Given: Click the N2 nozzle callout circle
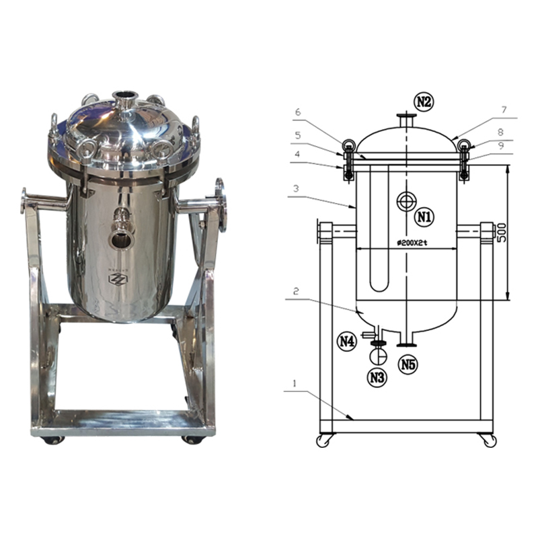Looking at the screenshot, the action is click(424, 102).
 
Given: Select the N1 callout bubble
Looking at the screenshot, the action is click(424, 217).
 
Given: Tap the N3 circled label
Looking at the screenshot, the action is click(377, 378).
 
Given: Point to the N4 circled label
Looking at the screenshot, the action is click(347, 342).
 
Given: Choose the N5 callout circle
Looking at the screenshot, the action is click(408, 364).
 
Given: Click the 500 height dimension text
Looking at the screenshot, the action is click(501, 233).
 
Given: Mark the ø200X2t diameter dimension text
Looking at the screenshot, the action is click(412, 243).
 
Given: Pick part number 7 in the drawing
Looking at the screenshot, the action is click(504, 110).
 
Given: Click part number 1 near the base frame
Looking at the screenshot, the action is click(294, 383).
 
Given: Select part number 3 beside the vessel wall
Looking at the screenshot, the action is click(296, 188).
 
